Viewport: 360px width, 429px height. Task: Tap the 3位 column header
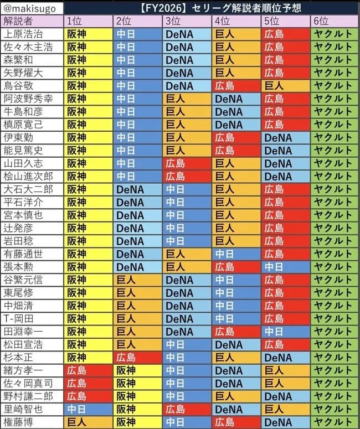[x=173, y=20]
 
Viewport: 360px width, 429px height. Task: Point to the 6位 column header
[x=321, y=20]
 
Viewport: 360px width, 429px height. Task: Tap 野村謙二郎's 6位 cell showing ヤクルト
[x=332, y=396]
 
